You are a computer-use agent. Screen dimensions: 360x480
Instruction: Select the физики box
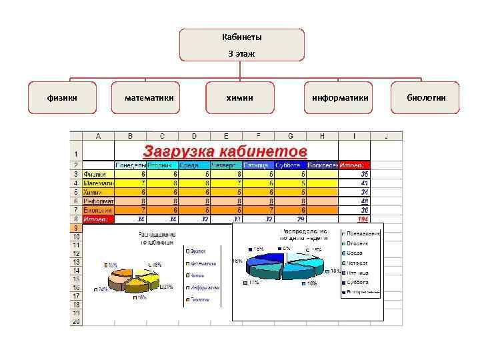62,98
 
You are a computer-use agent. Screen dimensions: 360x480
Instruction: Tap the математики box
149,98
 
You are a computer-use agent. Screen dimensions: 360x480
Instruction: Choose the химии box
240,98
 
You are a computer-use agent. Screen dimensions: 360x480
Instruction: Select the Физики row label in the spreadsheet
98,174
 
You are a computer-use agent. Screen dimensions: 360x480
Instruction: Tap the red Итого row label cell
98,219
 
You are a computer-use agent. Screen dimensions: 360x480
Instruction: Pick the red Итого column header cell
354,165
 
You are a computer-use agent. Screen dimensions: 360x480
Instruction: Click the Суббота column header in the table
290,165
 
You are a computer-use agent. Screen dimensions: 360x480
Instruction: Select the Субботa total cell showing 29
290,219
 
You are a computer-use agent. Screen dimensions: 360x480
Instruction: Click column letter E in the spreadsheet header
226,136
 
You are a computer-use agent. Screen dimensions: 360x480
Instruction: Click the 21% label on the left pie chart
168,287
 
